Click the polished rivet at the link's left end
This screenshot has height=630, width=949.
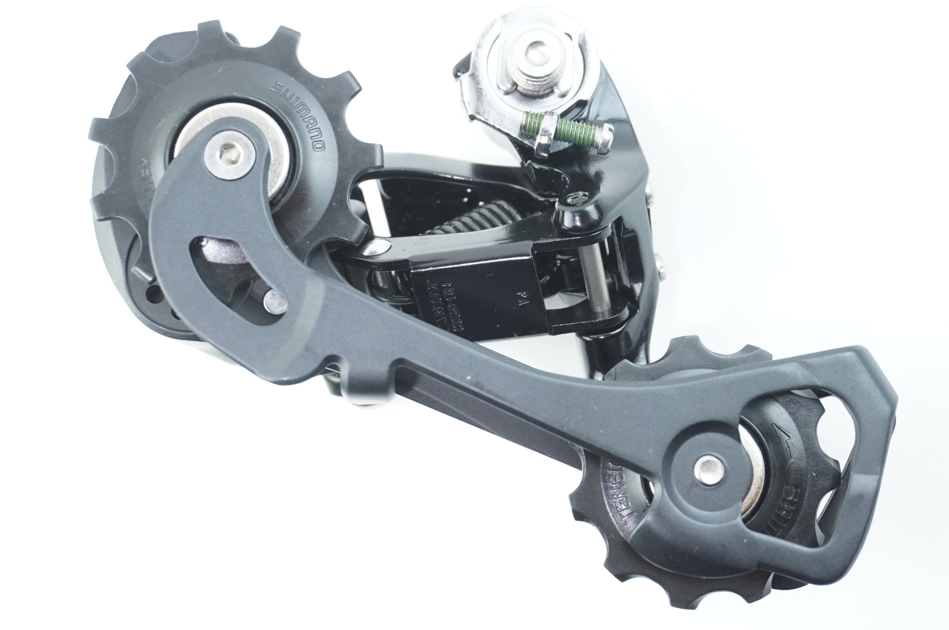click(377, 246)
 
